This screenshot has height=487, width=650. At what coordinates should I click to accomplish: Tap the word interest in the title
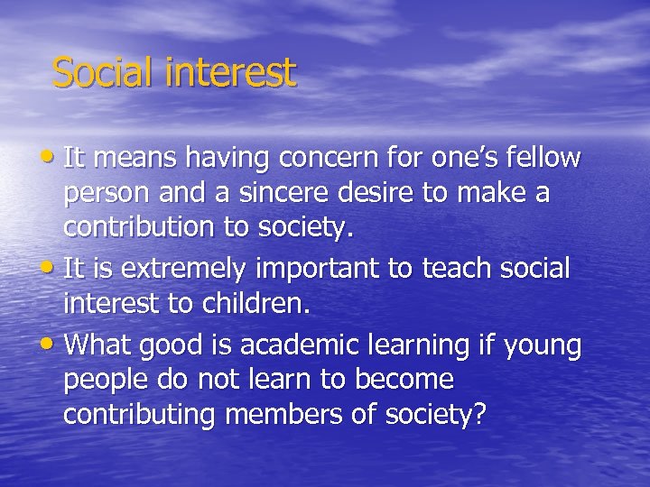[x=230, y=72]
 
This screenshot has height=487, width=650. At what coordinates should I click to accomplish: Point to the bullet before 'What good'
[x=52, y=343]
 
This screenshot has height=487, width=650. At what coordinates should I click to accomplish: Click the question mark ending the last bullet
[x=479, y=415]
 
